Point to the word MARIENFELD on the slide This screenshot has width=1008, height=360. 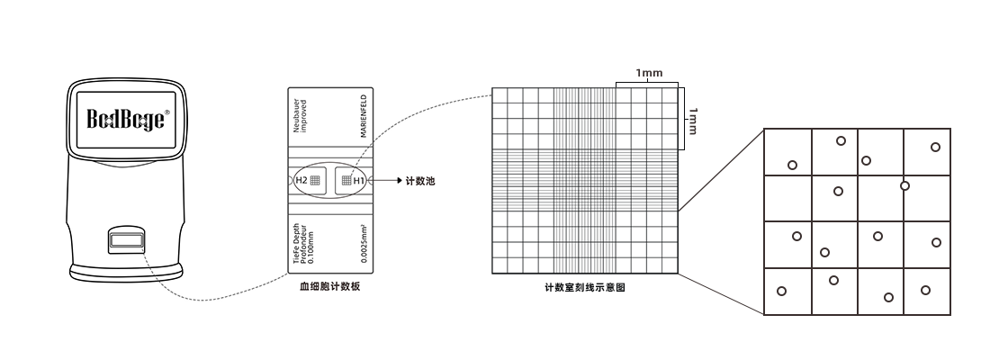pos(363,116)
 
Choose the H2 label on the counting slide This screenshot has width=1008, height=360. pos(301,181)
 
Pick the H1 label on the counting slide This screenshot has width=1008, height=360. pos(359,181)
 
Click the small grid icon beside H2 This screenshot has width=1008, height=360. pos(315,181)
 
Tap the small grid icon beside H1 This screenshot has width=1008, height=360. pos(345,181)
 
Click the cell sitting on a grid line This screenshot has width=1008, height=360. pos(904,185)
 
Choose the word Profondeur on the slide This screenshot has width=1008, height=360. pos(303,243)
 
